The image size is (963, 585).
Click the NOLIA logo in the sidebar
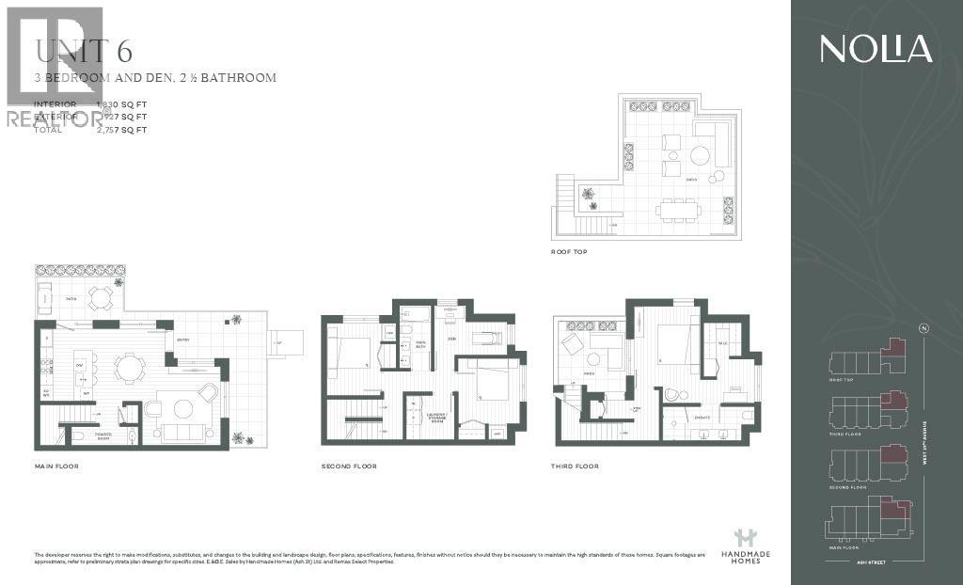click(x=876, y=49)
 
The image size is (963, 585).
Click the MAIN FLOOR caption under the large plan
click(x=55, y=466)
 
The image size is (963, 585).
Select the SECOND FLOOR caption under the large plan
click(x=349, y=466)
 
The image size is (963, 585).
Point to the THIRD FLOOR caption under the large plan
click(x=575, y=466)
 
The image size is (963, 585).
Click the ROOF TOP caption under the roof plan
click(x=570, y=253)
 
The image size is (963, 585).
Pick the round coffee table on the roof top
click(x=701, y=154)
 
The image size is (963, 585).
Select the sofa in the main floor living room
click(x=184, y=432)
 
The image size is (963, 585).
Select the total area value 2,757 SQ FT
click(x=122, y=130)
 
